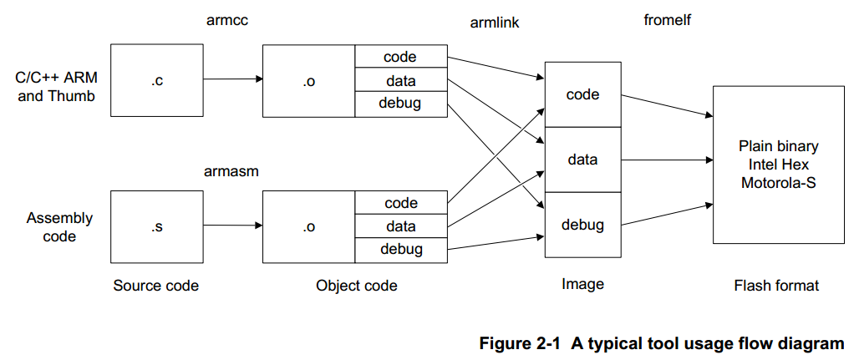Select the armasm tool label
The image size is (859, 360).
pyautogui.click(x=231, y=171)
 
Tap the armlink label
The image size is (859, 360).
pyautogui.click(x=495, y=23)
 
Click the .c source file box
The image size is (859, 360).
pyautogui.click(x=157, y=81)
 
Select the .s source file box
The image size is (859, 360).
pyautogui.click(x=157, y=226)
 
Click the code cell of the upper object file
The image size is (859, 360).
pyautogui.click(x=400, y=57)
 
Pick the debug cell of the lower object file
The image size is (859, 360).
pyautogui.click(x=401, y=249)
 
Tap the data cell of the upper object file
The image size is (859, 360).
pyautogui.click(x=401, y=81)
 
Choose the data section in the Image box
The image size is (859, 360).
pyautogui.click(x=582, y=159)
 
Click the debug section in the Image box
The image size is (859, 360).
pyautogui.click(x=582, y=225)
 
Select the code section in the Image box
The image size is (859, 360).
pyautogui.click(x=582, y=94)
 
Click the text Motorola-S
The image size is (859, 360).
pyautogui.click(x=778, y=183)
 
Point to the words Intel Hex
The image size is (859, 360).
pyautogui.click(x=778, y=165)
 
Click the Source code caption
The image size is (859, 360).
pyautogui.click(x=156, y=286)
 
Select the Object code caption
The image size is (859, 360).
pyautogui.click(x=357, y=286)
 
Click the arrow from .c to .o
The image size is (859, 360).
pyautogui.click(x=233, y=80)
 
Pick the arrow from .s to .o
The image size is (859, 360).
pyautogui.click(x=233, y=226)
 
